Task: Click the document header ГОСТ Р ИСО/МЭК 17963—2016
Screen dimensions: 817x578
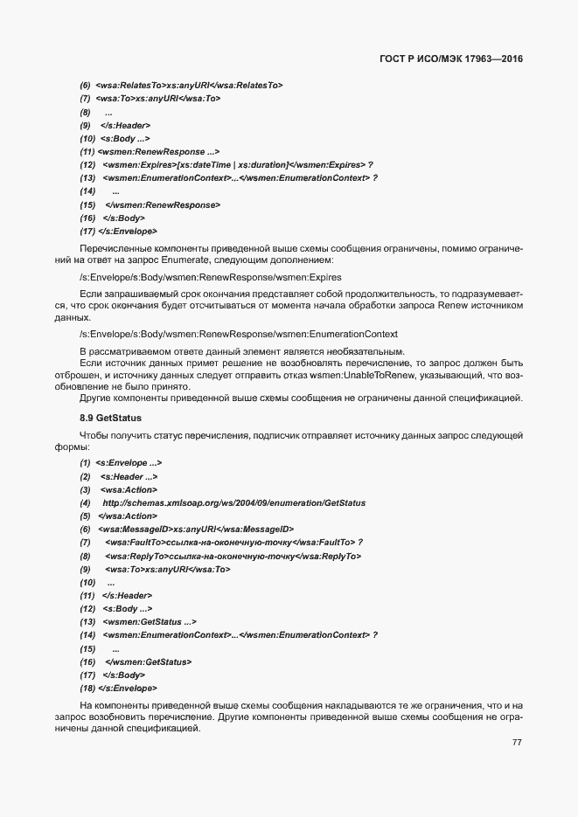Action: (x=451, y=59)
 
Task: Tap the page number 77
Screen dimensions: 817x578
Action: (x=517, y=743)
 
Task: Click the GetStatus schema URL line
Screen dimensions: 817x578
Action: (x=233, y=503)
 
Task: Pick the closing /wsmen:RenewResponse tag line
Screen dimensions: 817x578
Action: (x=162, y=204)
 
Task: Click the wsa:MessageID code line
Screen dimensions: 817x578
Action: (x=196, y=530)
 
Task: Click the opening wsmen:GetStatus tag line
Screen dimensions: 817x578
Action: (x=149, y=621)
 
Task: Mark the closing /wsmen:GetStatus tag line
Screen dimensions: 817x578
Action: (x=148, y=661)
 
